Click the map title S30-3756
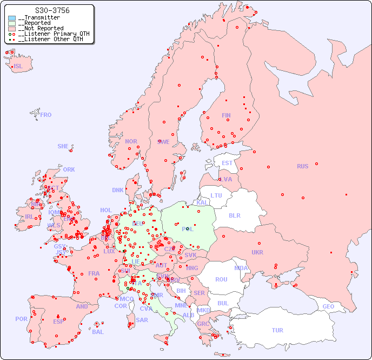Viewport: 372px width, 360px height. click(52, 10)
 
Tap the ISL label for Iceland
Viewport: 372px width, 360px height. click(18, 67)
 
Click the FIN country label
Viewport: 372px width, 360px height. click(226, 115)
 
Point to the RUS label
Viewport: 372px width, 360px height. click(302, 166)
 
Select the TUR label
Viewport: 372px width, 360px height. click(277, 330)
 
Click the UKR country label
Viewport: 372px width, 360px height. click(257, 252)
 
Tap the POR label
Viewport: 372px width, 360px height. click(21, 319)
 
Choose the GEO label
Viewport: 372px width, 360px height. click(328, 306)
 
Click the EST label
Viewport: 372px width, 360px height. click(227, 163)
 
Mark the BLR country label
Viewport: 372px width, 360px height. click(234, 215)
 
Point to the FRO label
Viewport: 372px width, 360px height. click(46, 115)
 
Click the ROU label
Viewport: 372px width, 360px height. click(221, 279)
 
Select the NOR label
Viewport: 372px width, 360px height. click(131, 141)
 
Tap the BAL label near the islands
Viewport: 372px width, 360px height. click(98, 332)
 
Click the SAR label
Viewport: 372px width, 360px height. click(142, 320)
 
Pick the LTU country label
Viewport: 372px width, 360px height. click(216, 195)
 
